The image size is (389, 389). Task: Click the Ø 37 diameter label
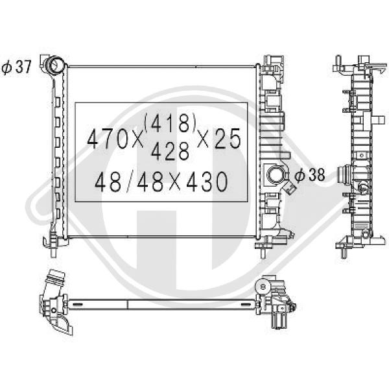click(x=16, y=67)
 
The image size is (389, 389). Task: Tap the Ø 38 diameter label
click(x=310, y=174)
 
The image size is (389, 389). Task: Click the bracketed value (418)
click(x=170, y=123)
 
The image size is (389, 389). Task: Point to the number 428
click(x=170, y=152)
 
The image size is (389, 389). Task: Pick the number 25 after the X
click(x=228, y=139)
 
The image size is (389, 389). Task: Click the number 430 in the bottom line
click(x=207, y=182)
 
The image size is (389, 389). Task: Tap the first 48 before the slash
click(x=108, y=182)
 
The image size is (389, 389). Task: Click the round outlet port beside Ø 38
click(x=275, y=175)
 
